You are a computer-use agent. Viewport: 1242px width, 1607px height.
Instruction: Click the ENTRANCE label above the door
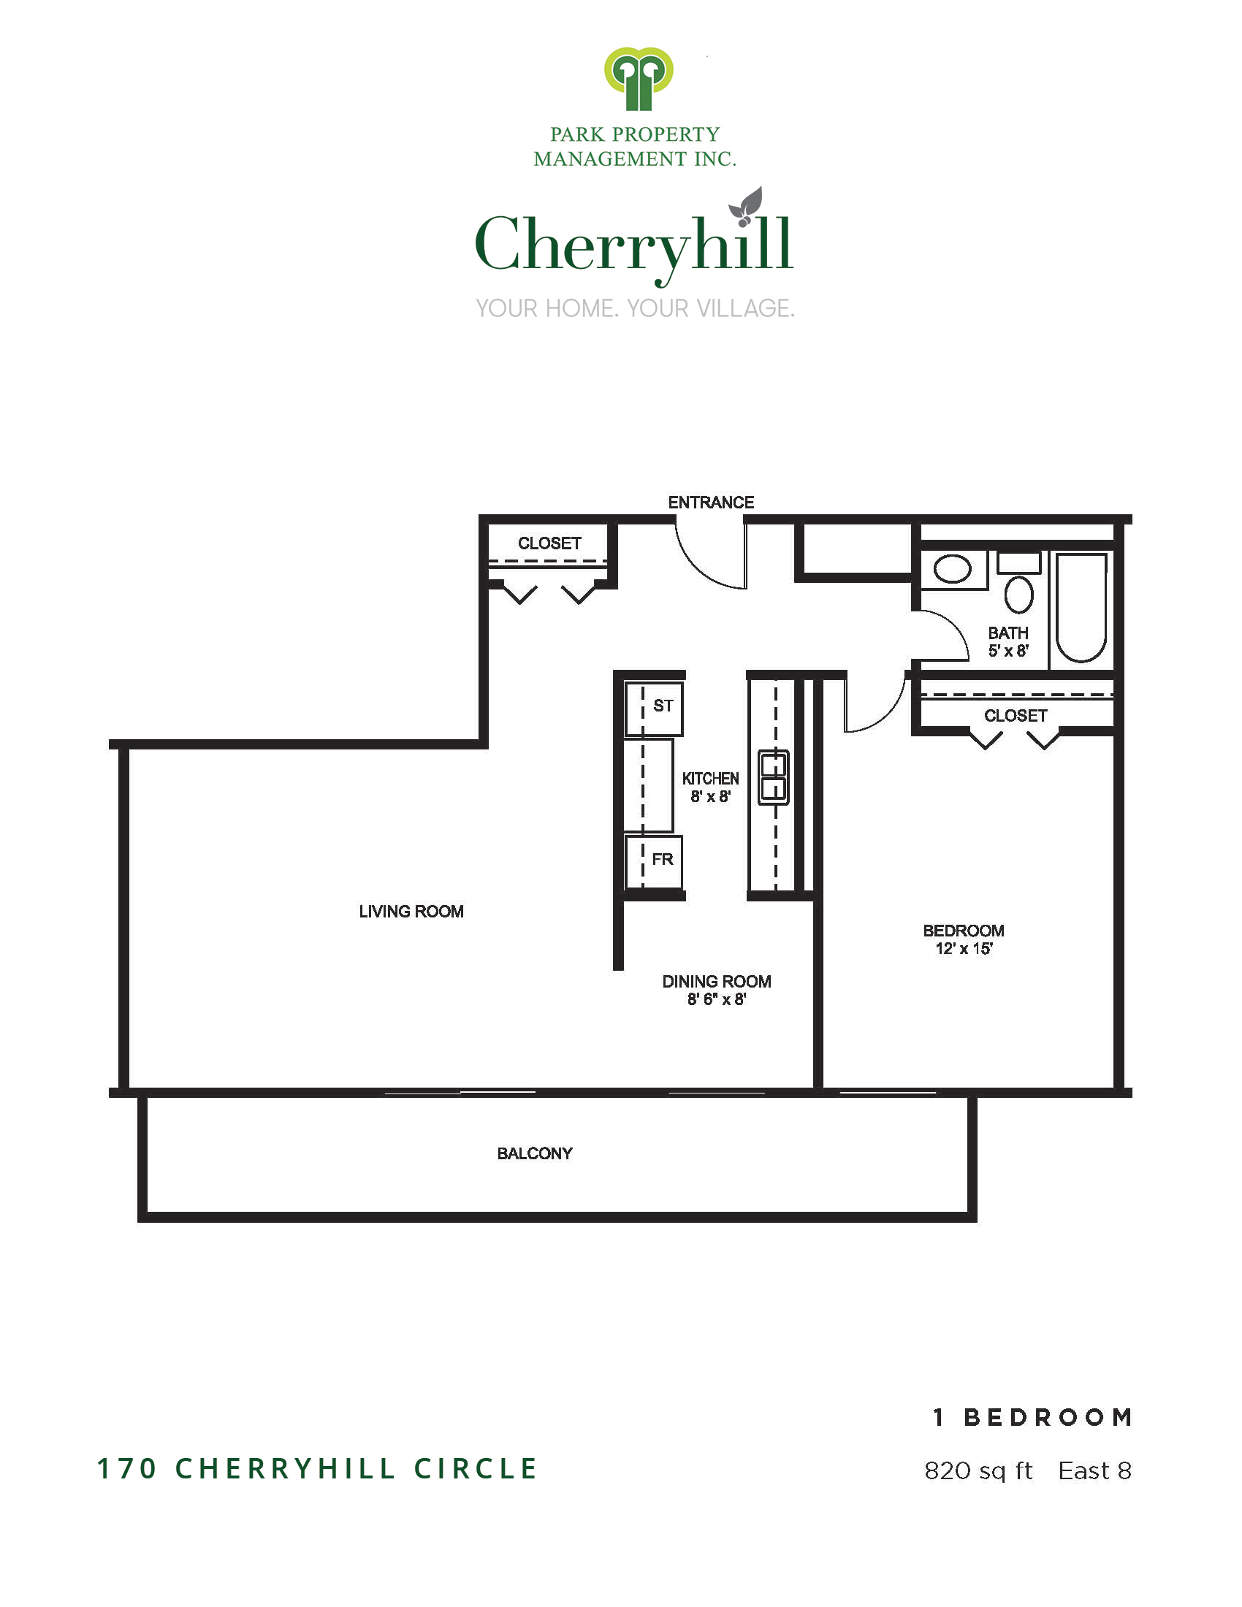[x=710, y=503]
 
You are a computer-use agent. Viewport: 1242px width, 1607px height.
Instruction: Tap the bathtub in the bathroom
[x=1081, y=608]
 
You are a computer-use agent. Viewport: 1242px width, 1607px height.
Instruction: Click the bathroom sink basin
[x=952, y=570]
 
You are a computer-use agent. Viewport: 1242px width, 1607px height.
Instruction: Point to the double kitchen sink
[x=773, y=777]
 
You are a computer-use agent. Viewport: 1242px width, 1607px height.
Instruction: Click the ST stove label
[x=662, y=706]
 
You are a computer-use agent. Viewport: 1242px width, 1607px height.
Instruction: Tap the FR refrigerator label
[x=662, y=859]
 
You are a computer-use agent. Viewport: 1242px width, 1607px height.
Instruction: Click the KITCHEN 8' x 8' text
[x=710, y=787]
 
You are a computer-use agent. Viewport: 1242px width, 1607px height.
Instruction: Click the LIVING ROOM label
[x=411, y=912]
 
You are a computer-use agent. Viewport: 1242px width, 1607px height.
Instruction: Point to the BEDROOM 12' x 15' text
[x=963, y=939]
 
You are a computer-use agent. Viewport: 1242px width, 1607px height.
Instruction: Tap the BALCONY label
[x=534, y=1153]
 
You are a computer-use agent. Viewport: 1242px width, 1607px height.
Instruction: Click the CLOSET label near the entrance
[x=549, y=543]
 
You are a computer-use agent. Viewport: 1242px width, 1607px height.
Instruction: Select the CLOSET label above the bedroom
[x=1016, y=715]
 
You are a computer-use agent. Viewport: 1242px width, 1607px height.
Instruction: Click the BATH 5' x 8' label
[x=1008, y=641]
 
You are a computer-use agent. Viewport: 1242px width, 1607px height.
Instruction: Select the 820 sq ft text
[x=978, y=1470]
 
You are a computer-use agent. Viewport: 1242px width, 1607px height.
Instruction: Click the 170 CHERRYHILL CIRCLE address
[x=317, y=1469]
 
